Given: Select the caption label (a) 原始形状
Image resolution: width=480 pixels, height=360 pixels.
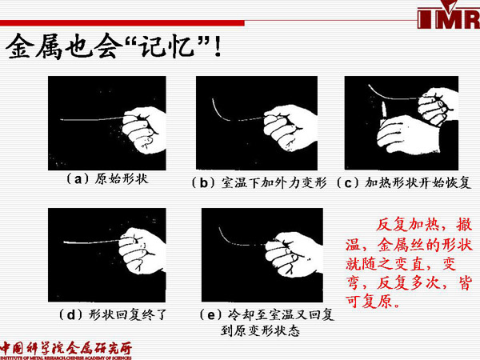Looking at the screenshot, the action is coord(107,178).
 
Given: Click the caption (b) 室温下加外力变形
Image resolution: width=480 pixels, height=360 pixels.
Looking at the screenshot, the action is coord(258,182).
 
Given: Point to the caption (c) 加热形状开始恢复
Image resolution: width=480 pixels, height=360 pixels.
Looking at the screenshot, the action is coord(403,182).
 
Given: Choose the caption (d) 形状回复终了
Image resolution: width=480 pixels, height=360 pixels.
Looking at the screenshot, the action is coord(112,314).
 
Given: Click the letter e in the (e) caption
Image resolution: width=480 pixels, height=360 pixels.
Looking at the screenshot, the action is coord(212,314).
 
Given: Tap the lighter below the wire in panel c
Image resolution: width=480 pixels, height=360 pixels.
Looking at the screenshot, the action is coord(383,114).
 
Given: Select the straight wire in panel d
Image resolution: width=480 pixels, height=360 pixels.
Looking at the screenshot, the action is coord(92,242).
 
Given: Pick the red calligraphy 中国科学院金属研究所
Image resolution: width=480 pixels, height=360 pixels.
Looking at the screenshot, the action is coord(66,348).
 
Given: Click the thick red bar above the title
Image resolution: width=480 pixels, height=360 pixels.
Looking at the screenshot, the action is coord(122,23).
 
